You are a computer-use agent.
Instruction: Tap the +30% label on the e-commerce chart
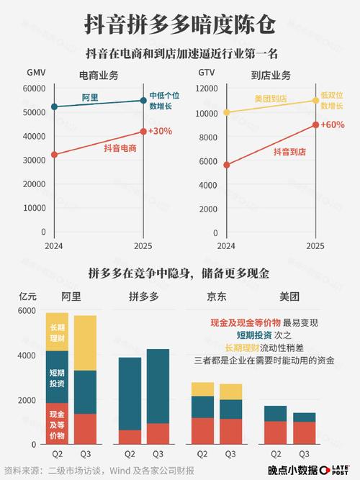[160, 131]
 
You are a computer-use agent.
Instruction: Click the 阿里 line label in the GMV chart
[89, 97]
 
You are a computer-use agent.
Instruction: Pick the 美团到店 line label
[271, 98]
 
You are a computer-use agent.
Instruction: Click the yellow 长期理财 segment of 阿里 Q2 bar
[57, 332]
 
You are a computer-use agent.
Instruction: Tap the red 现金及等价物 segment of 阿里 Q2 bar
[57, 425]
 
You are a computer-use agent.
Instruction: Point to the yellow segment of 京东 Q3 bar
[230, 391]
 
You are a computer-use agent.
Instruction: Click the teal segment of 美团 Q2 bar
[275, 413]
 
